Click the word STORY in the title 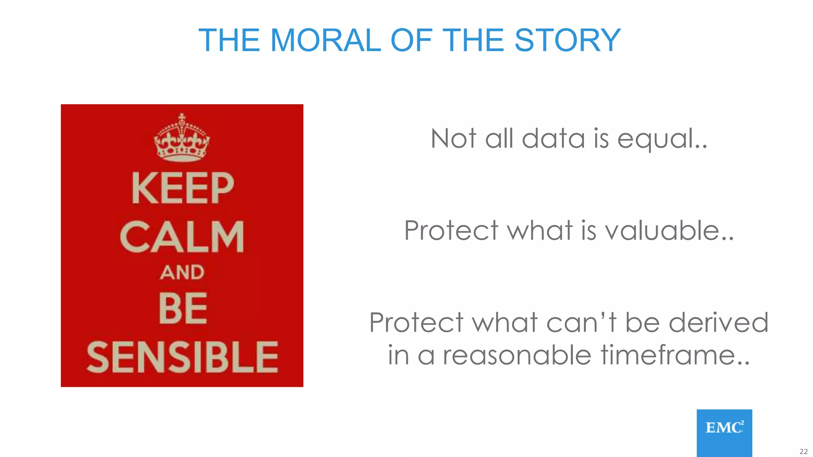pyautogui.click(x=567, y=40)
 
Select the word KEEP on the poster pyautogui.click(x=183, y=188)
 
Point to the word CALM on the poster pyautogui.click(x=182, y=237)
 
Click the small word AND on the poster pyautogui.click(x=182, y=273)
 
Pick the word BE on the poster pyautogui.click(x=183, y=308)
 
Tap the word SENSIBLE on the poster pyautogui.click(x=182, y=357)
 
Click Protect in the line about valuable pyautogui.click(x=451, y=230)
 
